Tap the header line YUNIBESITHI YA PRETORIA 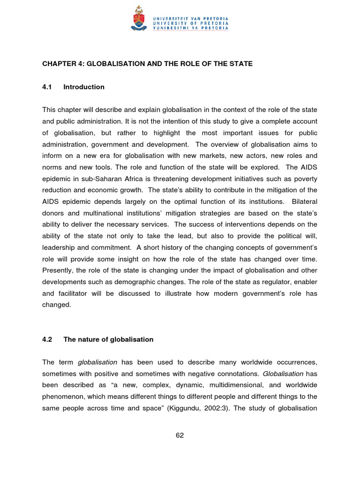coord(190,28)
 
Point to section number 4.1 coord(47,87)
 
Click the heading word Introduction coord(84,87)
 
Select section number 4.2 coord(47,339)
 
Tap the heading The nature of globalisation coord(108,339)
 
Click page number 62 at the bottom coord(180,435)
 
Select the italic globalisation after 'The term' coord(97,362)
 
